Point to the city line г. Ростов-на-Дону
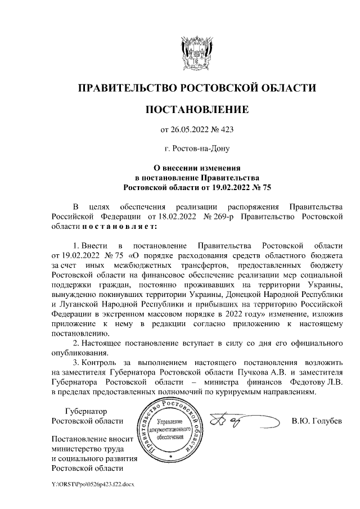point(197,149)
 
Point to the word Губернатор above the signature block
point(85,411)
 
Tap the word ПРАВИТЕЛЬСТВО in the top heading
point(124,88)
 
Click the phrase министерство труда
point(87,448)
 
